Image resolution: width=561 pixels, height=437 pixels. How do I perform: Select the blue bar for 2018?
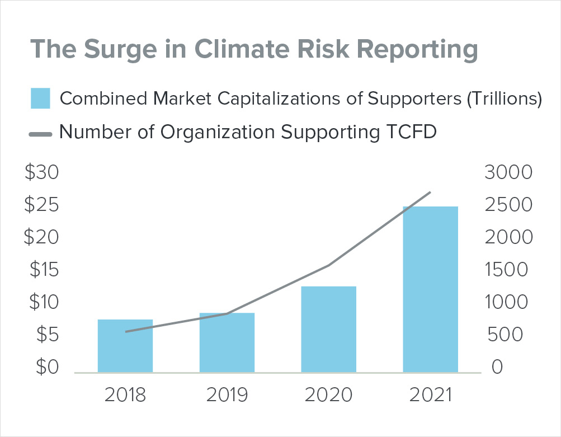tap(125, 346)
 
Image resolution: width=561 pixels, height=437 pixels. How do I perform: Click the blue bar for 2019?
tap(227, 342)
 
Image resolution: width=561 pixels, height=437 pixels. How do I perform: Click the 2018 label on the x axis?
tap(125, 395)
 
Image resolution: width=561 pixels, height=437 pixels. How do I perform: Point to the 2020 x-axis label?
tap(328, 395)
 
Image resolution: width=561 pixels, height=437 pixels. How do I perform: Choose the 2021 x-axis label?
tap(430, 395)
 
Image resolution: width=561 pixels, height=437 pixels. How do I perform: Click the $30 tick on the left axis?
tap(42, 173)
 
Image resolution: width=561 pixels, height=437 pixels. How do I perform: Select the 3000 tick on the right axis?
tap(508, 173)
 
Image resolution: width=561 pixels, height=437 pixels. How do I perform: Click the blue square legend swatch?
tap(40, 98)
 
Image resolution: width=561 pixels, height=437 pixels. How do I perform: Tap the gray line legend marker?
tap(40, 134)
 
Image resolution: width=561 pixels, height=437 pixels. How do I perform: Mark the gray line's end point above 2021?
tap(430, 192)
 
